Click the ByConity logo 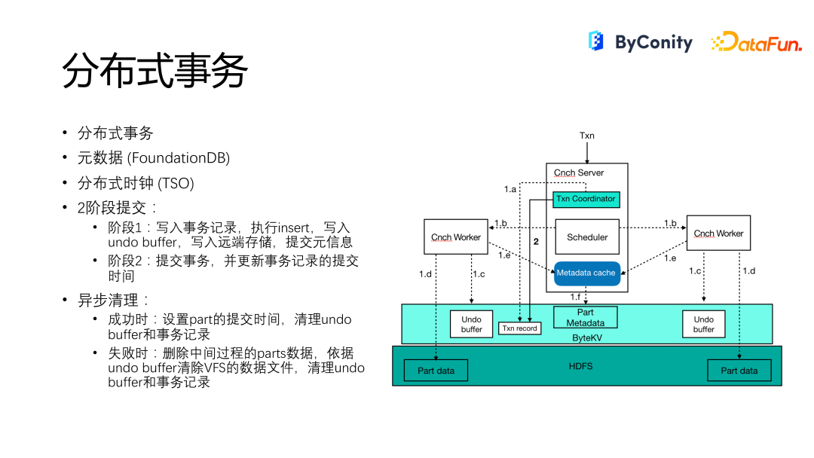pyautogui.click(x=640, y=41)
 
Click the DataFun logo pyautogui.click(x=757, y=41)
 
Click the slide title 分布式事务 pyautogui.click(x=155, y=70)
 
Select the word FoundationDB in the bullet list pyautogui.click(x=178, y=157)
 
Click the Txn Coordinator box pyautogui.click(x=586, y=199)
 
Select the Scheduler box pyautogui.click(x=587, y=237)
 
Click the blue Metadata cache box pyautogui.click(x=587, y=273)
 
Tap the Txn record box pyautogui.click(x=519, y=328)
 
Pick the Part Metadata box pyautogui.click(x=586, y=317)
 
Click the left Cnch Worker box pyautogui.click(x=456, y=237)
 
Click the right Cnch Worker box pyautogui.click(x=718, y=234)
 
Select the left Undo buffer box pyautogui.click(x=471, y=324)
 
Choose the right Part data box pyautogui.click(x=739, y=371)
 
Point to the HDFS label pyautogui.click(x=580, y=366)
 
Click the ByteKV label pyautogui.click(x=587, y=337)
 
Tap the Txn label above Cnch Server pyautogui.click(x=587, y=136)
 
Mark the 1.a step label pyautogui.click(x=510, y=189)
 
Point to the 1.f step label pyautogui.click(x=575, y=298)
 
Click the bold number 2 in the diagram pyautogui.click(x=537, y=242)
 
